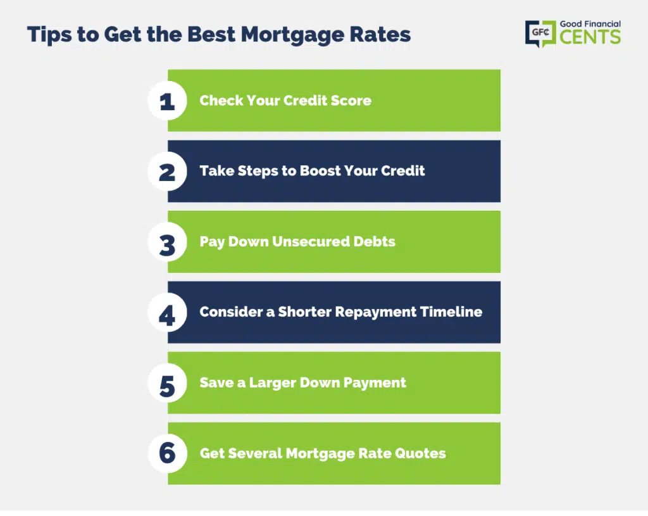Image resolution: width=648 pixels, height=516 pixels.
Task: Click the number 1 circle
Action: tap(167, 101)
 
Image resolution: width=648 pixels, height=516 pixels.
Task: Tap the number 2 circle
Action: tap(167, 171)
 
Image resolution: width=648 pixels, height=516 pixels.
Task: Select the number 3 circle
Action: tap(167, 242)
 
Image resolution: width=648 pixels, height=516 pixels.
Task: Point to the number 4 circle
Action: tap(167, 313)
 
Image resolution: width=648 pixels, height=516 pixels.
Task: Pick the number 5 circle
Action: tap(167, 383)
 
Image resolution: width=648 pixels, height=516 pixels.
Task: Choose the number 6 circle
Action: tap(167, 453)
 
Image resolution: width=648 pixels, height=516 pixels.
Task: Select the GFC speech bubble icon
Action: tap(540, 33)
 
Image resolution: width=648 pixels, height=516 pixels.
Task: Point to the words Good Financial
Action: tap(590, 24)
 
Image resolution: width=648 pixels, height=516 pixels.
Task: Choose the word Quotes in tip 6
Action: tap(420, 453)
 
